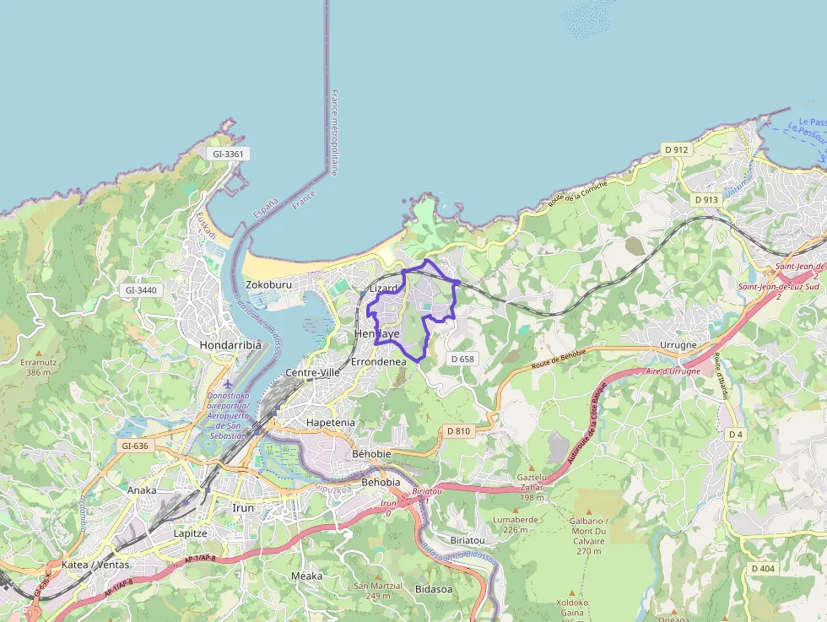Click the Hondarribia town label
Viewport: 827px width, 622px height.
click(230, 345)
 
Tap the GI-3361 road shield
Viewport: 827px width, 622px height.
click(228, 154)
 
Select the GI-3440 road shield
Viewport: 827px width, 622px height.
click(141, 290)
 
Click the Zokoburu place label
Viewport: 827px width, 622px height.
click(268, 284)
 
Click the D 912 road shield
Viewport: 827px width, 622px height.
click(677, 149)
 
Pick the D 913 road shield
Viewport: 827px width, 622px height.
click(706, 200)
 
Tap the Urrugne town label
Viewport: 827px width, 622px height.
click(678, 345)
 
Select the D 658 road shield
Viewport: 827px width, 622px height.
click(462, 359)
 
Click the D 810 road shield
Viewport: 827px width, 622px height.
click(458, 431)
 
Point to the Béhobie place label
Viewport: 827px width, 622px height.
click(371, 454)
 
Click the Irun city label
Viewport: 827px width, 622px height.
click(243, 507)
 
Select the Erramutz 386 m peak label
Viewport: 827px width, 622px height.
click(37, 366)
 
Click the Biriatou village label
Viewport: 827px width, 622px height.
click(468, 539)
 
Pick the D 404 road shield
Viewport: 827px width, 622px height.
click(762, 569)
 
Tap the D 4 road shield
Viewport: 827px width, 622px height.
click(736, 434)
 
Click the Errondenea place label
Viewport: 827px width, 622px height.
click(378, 361)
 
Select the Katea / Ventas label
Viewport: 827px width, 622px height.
click(95, 565)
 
